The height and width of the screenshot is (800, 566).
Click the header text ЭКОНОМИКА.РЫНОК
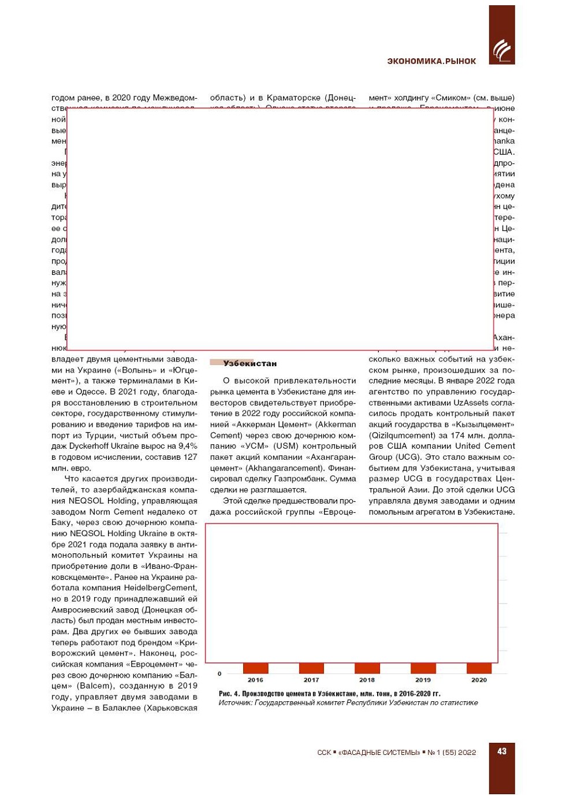pos(431,61)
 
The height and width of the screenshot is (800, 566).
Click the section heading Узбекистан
pos(250,363)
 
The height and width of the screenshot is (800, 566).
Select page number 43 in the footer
pos(502,751)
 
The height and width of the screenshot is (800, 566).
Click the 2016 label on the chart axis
pos(255,680)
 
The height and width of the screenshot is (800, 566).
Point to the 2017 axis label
pos(311,680)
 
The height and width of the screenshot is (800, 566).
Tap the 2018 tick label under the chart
pos(367,680)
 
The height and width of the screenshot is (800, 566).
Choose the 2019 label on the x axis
pos(423,680)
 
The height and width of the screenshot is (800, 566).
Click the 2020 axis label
pos(479,680)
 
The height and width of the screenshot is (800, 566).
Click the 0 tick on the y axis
pos(219,674)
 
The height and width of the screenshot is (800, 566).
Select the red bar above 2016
pos(255,668)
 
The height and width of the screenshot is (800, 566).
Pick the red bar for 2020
pos(479,668)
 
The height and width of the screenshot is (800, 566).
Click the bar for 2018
pos(367,668)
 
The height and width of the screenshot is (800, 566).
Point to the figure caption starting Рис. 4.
pos(329,693)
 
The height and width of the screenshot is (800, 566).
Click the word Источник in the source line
pos(235,702)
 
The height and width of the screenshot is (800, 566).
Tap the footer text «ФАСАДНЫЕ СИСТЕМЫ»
pos(379,752)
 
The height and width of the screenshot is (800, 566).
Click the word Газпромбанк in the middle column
pos(304,479)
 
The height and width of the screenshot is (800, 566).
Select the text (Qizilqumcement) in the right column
pos(402,435)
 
